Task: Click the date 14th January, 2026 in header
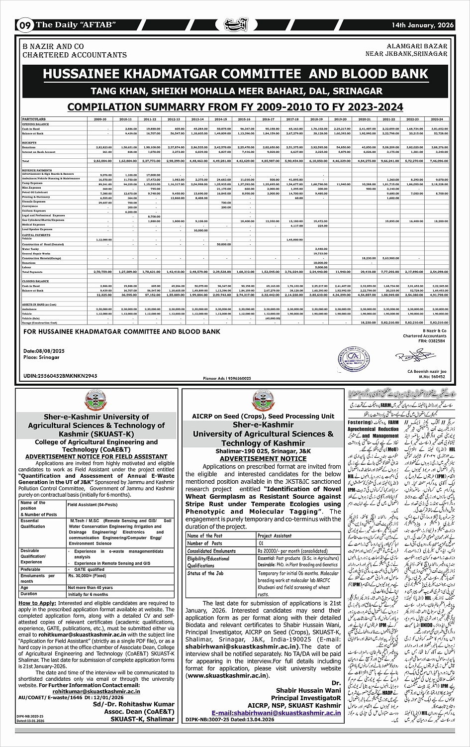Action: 423,24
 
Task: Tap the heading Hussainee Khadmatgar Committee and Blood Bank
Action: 235,74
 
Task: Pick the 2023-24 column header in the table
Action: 437,119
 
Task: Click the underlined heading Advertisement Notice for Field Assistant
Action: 96,456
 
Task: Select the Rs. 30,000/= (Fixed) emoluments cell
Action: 87,576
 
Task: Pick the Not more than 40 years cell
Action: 91,588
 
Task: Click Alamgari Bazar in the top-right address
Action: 417,46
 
